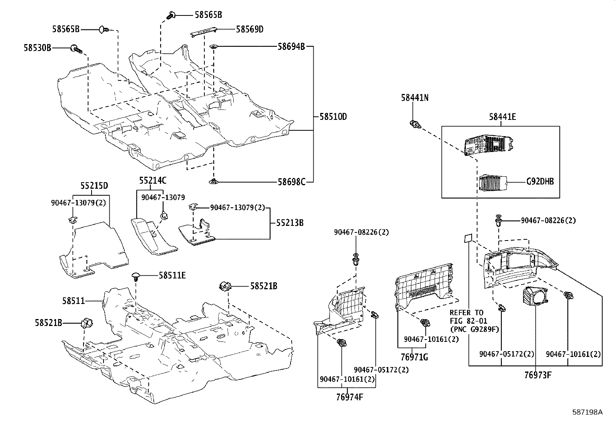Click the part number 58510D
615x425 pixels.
point(333,116)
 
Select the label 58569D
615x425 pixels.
point(250,29)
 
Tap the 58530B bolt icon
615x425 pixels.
point(75,49)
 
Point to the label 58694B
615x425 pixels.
point(291,47)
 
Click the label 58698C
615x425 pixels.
point(291,181)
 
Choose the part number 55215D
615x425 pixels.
point(94,186)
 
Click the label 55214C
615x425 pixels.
point(153,180)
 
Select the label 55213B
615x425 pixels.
point(289,223)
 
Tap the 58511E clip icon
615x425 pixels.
point(136,276)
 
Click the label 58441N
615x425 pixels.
point(415,98)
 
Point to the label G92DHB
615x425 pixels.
point(540,181)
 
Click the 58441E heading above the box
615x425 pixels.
point(502,116)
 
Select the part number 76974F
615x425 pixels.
point(349,397)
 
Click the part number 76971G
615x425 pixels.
point(414,357)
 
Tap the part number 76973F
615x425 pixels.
point(537,375)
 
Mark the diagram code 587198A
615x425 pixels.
point(587,412)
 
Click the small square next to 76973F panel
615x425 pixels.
point(467,238)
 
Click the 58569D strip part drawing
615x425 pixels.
point(204,32)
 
